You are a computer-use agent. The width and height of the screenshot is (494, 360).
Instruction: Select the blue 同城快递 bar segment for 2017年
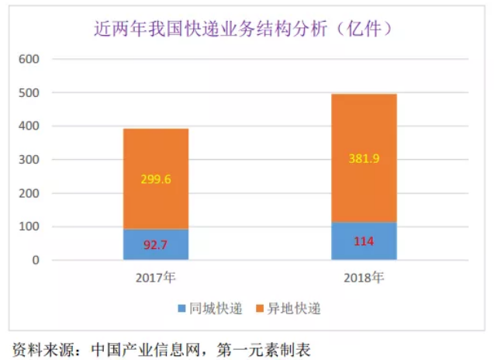[155, 244]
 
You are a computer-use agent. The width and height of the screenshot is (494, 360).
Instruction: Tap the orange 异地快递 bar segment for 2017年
[155, 178]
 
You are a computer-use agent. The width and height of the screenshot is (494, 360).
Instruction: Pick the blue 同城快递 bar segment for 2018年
[364, 241]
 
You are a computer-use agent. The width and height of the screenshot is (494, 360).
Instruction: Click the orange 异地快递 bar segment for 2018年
[364, 158]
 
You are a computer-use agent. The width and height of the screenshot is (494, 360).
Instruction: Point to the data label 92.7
[156, 244]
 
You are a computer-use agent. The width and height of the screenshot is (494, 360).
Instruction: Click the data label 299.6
[156, 178]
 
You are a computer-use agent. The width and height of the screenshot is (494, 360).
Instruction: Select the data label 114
[364, 241]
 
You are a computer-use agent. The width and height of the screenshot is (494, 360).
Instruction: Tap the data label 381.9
[364, 158]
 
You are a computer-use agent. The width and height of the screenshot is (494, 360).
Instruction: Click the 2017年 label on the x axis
[156, 277]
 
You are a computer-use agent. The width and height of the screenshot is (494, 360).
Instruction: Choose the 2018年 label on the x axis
[364, 277]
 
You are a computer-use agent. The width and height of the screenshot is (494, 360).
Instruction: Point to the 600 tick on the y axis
[29, 59]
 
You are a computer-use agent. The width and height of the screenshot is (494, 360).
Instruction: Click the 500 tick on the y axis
[29, 93]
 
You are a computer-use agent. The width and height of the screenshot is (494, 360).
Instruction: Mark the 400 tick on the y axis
[29, 126]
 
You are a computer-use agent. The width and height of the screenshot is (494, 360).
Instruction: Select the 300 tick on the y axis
[29, 160]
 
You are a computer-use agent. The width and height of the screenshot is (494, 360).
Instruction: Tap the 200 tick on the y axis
[29, 194]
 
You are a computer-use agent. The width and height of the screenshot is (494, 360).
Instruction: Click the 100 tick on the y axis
[29, 227]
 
